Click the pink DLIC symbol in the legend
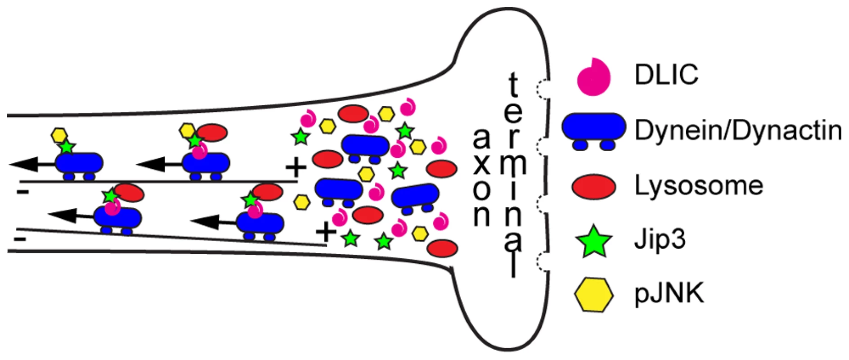tap(594, 76)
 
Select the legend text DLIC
tap(666, 75)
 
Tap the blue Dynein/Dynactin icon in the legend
tap(594, 130)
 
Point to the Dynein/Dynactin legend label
tap(738, 131)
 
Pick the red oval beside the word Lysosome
tap(594, 185)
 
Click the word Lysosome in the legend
tap(699, 186)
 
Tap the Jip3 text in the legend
tap(660, 240)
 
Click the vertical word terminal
tap(513, 175)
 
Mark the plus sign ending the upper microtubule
tap(296, 169)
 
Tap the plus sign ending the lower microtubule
tap(326, 233)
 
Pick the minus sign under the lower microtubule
tap(20, 238)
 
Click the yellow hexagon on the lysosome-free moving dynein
tap(59, 135)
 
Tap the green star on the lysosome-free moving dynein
tap(67, 146)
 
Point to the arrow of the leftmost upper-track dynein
tap(32, 165)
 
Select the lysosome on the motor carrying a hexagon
tap(212, 133)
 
